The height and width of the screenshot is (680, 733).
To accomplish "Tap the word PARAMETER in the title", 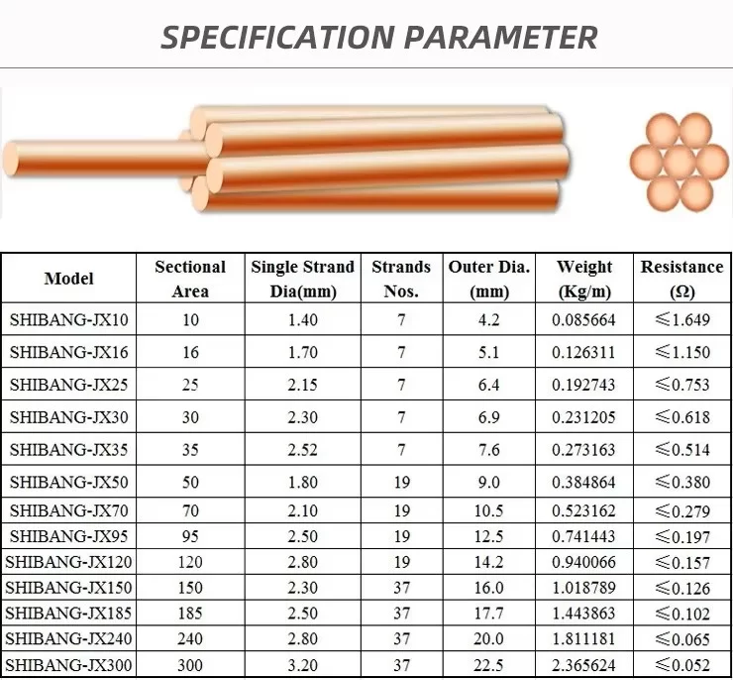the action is pos(500,37).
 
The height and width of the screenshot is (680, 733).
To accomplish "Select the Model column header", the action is pos(68,279).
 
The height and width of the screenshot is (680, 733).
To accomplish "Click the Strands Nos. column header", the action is pos(401,279).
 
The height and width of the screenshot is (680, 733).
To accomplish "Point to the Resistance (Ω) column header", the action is pos(682,279).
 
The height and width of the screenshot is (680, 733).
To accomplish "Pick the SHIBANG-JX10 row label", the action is pos(68,320).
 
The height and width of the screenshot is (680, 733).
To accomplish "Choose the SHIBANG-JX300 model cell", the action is pos(68,665).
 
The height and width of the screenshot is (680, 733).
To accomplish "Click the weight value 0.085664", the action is pos(583,320).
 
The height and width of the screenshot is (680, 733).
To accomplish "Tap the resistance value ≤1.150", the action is pos(682,352).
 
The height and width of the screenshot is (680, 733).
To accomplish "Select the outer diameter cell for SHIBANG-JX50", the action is pos(489,482).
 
